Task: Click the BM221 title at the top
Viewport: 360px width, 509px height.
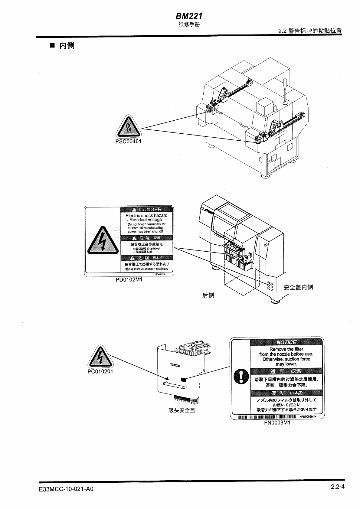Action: click(x=188, y=16)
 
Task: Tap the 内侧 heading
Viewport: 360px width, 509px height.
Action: click(x=67, y=46)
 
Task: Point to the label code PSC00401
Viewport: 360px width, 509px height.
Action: click(x=128, y=142)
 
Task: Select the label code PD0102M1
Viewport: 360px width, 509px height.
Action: click(x=129, y=279)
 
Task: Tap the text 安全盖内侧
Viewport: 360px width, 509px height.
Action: click(x=298, y=287)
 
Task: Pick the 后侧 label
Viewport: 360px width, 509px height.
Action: click(x=208, y=295)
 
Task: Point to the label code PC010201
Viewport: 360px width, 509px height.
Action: click(x=100, y=371)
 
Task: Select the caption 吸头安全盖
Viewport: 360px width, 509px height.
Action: click(x=182, y=410)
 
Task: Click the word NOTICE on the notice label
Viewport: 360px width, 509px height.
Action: click(x=286, y=342)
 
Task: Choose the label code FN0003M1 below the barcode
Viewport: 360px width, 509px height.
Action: click(x=277, y=423)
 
